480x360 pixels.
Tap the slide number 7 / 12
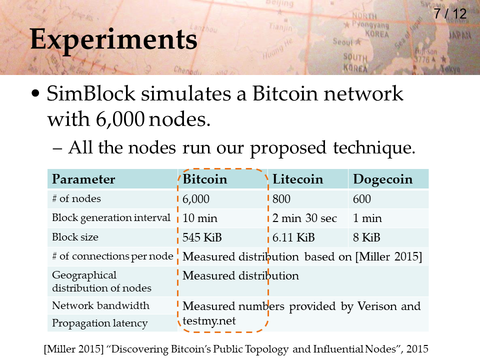pos(450,14)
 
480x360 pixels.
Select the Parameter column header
pos(83,179)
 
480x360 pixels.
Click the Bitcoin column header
pos(205,179)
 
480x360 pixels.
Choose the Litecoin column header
pos(297,179)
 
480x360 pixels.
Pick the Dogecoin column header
pos(382,179)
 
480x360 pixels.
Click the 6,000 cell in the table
pos(196,199)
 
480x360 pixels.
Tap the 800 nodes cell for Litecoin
pos(281,199)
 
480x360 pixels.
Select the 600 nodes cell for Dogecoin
pos(362,199)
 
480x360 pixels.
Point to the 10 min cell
pos(200,218)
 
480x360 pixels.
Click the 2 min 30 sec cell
pos(304,218)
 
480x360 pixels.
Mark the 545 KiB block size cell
pos(202,237)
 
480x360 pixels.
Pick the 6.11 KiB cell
pos(293,237)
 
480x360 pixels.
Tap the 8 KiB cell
pos(366,237)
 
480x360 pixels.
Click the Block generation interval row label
pos(111,218)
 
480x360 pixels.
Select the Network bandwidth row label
pos(100,305)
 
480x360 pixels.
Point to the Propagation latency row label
pos(100,323)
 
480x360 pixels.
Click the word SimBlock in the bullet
pos(91,93)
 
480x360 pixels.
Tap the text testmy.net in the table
pos(209,321)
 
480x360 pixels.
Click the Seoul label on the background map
pos(343,41)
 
